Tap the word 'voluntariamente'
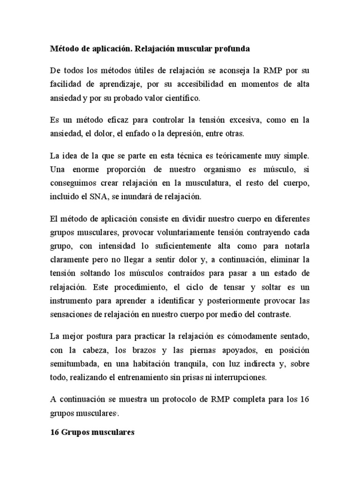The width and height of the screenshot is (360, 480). coord(160,233)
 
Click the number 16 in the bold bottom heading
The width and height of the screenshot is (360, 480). coord(54,433)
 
